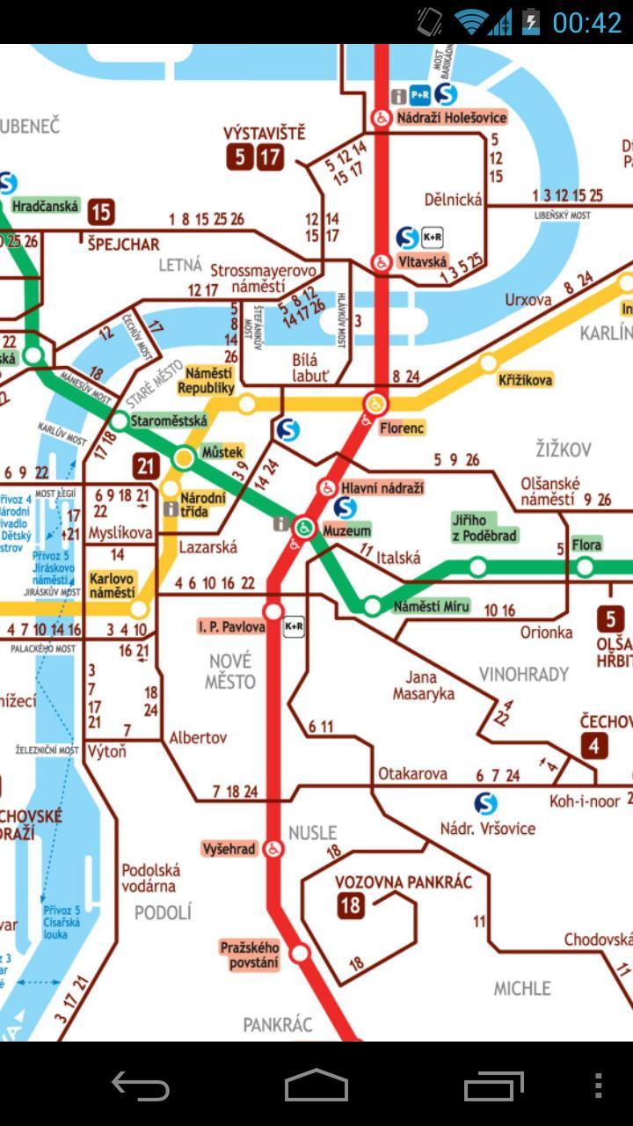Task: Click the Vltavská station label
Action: click(422, 261)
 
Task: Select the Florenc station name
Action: click(402, 428)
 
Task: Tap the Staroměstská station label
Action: click(168, 421)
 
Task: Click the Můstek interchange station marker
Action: click(184, 457)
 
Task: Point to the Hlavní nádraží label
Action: click(382, 487)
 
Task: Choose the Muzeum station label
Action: click(346, 530)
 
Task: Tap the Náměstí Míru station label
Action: click(431, 606)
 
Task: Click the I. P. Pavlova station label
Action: click(231, 627)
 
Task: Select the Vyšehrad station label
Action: click(229, 849)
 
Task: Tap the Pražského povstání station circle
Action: click(301, 953)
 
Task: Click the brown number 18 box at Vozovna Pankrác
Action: click(351, 905)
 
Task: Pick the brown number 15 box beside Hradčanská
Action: click(101, 211)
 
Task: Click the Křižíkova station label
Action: click(525, 380)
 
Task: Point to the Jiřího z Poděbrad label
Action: click(484, 528)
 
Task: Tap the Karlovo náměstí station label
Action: click(113, 586)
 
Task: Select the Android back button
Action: click(141, 1086)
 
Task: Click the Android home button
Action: click(316, 1086)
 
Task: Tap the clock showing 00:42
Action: click(586, 22)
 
